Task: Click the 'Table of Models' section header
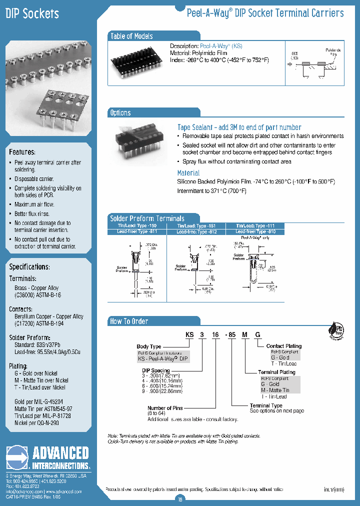(x=131, y=36)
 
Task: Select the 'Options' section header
(x=120, y=113)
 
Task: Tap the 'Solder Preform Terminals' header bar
(x=147, y=218)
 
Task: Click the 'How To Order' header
(x=129, y=321)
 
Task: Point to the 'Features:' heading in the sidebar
(x=22, y=151)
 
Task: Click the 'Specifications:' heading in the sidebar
(x=29, y=266)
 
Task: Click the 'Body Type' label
(x=149, y=346)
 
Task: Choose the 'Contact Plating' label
(x=284, y=346)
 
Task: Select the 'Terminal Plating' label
(x=276, y=372)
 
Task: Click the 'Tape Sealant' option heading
(x=239, y=127)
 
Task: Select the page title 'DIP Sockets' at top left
(x=32, y=13)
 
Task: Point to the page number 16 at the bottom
(x=180, y=498)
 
